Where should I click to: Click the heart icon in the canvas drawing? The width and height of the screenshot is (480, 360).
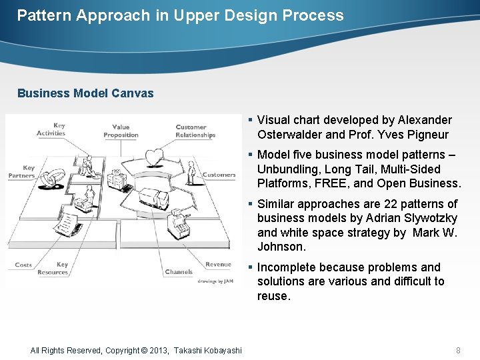pyautogui.click(x=155, y=157)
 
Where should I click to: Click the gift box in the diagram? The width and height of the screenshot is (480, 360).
pyautogui.click(x=117, y=179)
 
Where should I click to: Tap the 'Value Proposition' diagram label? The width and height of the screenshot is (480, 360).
pyautogui.click(x=121, y=131)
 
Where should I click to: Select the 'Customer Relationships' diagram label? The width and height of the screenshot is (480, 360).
pyautogui.click(x=195, y=131)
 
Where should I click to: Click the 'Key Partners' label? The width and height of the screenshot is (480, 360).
pyautogui.click(x=22, y=172)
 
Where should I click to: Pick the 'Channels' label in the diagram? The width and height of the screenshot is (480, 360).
pyautogui.click(x=179, y=272)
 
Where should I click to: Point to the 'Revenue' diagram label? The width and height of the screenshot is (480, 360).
pyautogui.click(x=219, y=265)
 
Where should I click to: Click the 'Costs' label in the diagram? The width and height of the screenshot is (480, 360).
pyautogui.click(x=23, y=265)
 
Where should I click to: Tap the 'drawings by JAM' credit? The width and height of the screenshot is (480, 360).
pyautogui.click(x=215, y=281)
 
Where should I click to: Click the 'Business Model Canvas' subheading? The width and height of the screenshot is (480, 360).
pyautogui.click(x=85, y=93)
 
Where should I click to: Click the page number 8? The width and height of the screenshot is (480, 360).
pyautogui.click(x=458, y=350)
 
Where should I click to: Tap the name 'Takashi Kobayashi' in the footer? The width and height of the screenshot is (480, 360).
pyautogui.click(x=208, y=350)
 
